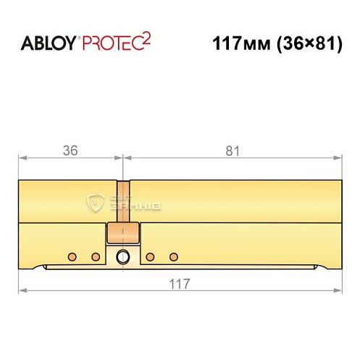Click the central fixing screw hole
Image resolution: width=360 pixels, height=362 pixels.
pyautogui.click(x=122, y=256)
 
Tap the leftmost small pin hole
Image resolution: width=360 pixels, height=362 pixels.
pyautogui.click(x=72, y=256)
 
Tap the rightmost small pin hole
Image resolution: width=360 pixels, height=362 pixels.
pyautogui.click(x=173, y=256)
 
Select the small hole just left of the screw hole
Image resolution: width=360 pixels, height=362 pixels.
pyautogui.click(x=95, y=256)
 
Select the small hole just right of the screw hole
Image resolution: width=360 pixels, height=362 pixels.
pyautogui.click(x=150, y=256)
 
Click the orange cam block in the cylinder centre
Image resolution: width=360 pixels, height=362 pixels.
pyautogui.click(x=122, y=233)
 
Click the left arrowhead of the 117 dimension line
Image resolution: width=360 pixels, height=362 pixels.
pyautogui.click(x=22, y=290)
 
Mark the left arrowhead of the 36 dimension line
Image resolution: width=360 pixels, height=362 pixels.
pyautogui.click(x=22, y=156)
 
